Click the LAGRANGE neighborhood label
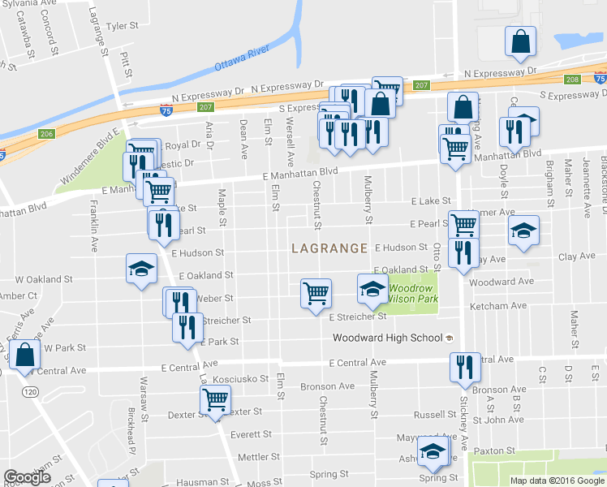[329, 248]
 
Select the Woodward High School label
[388, 338]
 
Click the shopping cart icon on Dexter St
[216, 399]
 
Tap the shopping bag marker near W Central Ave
[26, 355]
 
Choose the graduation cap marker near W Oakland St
[141, 269]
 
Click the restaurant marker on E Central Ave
[465, 366]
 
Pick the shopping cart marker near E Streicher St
[316, 293]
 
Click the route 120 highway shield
[31, 392]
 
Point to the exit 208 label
[572, 80]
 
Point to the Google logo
[27, 477]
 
